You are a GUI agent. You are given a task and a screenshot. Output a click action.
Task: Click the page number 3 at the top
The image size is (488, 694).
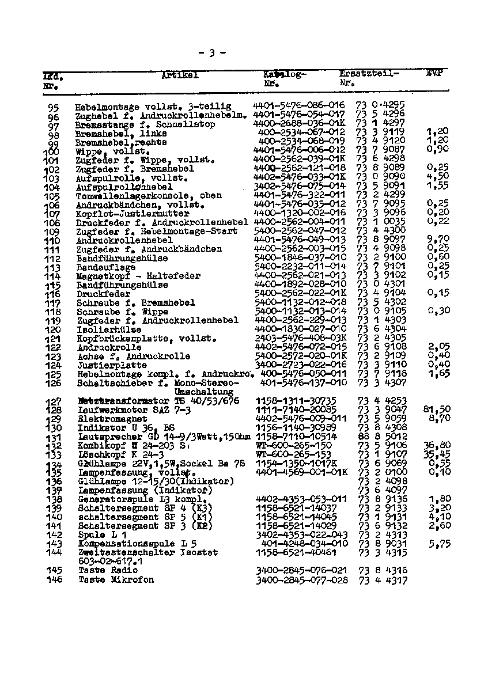[x=212, y=54]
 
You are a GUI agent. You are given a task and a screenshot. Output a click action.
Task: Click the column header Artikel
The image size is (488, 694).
[x=180, y=75]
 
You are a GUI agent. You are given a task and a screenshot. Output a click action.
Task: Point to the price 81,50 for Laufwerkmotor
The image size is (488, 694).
[x=436, y=409]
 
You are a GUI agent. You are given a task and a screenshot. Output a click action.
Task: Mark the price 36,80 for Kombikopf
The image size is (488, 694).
[x=436, y=445]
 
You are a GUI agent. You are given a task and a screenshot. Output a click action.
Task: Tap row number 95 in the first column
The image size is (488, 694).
[x=54, y=107]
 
